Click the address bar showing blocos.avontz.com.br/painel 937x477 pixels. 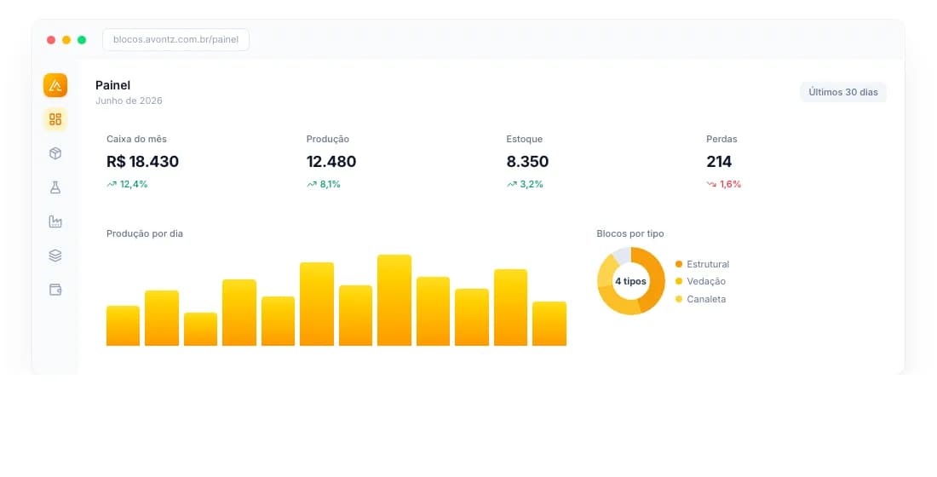pos(175,39)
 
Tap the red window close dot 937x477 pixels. pos(51,40)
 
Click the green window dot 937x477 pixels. pos(82,40)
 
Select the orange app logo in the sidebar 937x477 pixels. pos(55,85)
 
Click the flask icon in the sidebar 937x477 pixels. pos(55,187)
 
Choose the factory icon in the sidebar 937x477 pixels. pos(55,221)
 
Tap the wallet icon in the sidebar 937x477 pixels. pos(55,290)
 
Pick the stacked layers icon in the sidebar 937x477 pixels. pos(55,256)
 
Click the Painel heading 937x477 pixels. pos(113,85)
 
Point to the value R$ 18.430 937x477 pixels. pos(143,161)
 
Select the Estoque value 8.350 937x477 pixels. pos(527,161)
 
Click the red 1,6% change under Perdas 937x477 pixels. pos(724,184)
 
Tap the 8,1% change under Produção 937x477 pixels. pos(324,184)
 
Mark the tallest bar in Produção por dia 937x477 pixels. pos(394,300)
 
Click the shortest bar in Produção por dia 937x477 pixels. pos(201,329)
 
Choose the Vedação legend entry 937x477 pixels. pos(700,281)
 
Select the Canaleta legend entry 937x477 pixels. pos(700,299)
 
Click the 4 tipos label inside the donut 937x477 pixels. pos(630,281)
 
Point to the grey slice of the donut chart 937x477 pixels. pos(622,254)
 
